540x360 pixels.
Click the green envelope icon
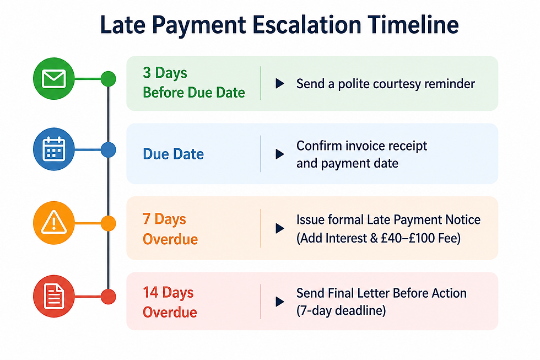click(x=54, y=78)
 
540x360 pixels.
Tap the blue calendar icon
click(x=54, y=149)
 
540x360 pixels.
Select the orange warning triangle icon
click(x=54, y=223)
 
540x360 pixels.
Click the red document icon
click(x=54, y=296)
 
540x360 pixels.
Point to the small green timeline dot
click(x=108, y=79)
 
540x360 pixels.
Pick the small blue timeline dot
click(x=108, y=150)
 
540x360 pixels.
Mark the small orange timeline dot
click(x=108, y=223)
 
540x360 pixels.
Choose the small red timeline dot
click(x=108, y=297)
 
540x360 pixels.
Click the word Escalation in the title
click(x=307, y=25)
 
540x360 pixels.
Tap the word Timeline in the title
click(x=413, y=25)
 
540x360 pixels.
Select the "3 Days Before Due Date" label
click(x=194, y=83)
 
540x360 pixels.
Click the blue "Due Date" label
click(x=173, y=154)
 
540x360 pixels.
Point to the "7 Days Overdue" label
click(x=170, y=229)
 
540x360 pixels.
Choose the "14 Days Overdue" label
click(x=170, y=302)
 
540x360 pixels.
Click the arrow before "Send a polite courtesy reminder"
click(x=280, y=83)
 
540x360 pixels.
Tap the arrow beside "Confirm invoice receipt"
click(x=280, y=154)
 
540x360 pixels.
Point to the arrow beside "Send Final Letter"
click(x=280, y=302)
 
